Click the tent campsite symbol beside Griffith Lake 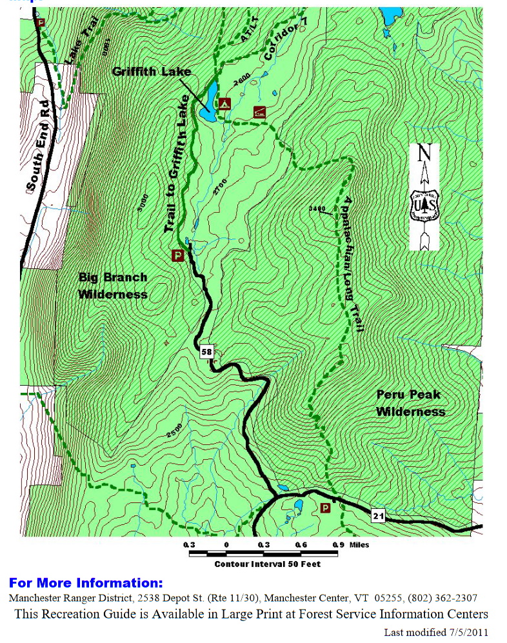pyautogui.click(x=224, y=103)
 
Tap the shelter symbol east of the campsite pyautogui.click(x=259, y=111)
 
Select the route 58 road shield pyautogui.click(x=206, y=353)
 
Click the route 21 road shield pyautogui.click(x=379, y=515)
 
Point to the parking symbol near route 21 pyautogui.click(x=326, y=508)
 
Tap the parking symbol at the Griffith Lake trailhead pyautogui.click(x=178, y=255)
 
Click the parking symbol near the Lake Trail pyautogui.click(x=41, y=23)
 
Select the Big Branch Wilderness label pyautogui.click(x=113, y=286)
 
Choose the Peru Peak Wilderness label pyautogui.click(x=411, y=402)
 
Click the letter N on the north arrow pyautogui.click(x=424, y=153)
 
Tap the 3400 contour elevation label pyautogui.click(x=317, y=208)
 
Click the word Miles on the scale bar pyautogui.click(x=359, y=545)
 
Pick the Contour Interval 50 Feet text pyautogui.click(x=267, y=564)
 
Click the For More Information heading pyautogui.click(x=86, y=584)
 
